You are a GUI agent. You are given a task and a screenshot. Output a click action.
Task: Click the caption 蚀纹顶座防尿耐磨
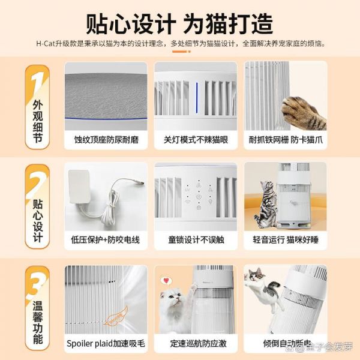pos(106,140)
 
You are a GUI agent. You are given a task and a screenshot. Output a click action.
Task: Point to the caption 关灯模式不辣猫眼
pos(196,140)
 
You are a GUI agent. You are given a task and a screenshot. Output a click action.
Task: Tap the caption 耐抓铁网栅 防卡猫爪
pos(286,140)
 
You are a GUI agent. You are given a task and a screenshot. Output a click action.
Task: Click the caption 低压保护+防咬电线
pos(106,240)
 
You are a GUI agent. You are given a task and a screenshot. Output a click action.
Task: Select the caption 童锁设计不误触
pos(196,240)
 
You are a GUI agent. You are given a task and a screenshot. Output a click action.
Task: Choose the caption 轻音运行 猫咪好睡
pos(286,240)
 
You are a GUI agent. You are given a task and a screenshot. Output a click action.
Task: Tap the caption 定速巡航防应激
pos(199,343)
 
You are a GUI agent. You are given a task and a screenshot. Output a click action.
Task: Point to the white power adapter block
pos(79,187)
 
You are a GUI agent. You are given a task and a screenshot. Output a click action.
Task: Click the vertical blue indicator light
pos(197,98)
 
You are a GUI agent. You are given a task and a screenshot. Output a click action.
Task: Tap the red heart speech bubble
pos(167,281)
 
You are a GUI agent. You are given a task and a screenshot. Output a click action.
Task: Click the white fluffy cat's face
pos(172,298)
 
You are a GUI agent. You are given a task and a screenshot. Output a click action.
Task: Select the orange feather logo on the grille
pos(116,316)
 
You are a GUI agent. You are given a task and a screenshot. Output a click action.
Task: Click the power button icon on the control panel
pos(199,197)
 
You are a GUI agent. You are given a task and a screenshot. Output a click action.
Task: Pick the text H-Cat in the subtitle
pos(46,43)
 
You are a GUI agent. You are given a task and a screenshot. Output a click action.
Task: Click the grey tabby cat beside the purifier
pos(266,205)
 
